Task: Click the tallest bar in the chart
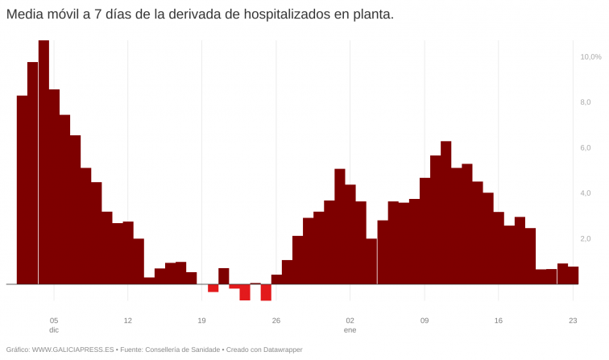point(43,161)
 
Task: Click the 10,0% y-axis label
point(590,56)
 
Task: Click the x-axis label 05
point(54,320)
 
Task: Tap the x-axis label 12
point(128,320)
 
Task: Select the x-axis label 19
point(202,320)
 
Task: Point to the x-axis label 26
point(276,320)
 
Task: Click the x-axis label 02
point(350,320)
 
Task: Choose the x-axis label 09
point(425,320)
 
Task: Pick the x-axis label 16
point(499,320)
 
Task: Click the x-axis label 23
point(573,320)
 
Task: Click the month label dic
point(54,330)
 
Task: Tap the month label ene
point(350,330)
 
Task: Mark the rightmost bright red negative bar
point(266,292)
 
